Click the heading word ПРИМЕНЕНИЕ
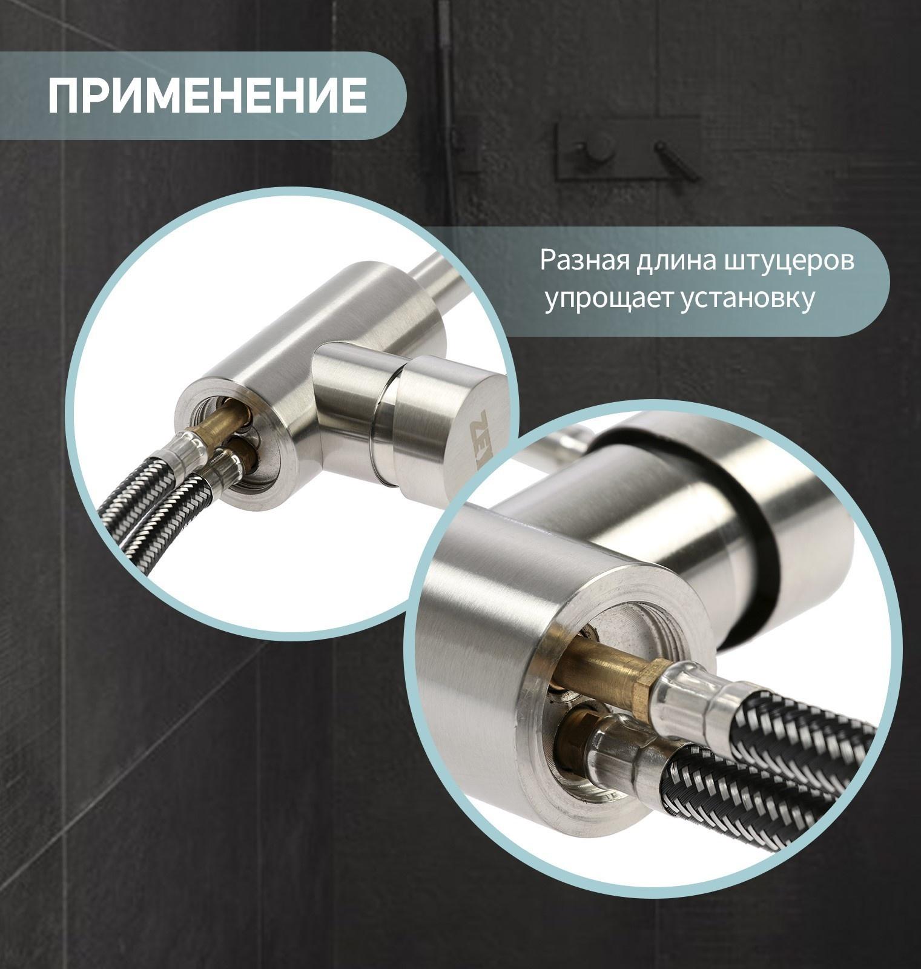[x=207, y=95]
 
